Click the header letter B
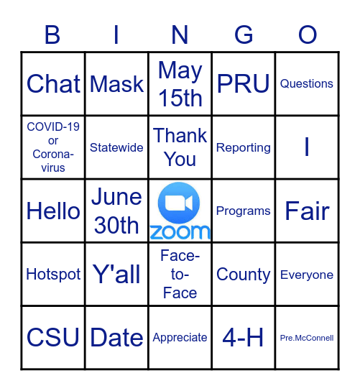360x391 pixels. pos(52,34)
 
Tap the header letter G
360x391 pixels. pos(244,34)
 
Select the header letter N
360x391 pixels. pos(180,34)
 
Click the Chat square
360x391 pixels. pos(53,84)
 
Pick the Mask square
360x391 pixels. pos(117,84)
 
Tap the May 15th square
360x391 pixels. pos(180,84)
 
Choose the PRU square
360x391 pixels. pos(244,84)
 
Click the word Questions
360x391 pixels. pos(307,84)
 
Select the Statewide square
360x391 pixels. pos(116,147)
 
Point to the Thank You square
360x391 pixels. pos(180,147)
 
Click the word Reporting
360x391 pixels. pos(244,147)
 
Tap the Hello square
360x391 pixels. pos(53,211)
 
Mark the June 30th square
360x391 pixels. pos(116,211)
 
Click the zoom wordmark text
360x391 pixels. pos(180,231)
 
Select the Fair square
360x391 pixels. pos(307,211)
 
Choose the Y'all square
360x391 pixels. pos(116,275)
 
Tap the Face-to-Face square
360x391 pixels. pos(180,275)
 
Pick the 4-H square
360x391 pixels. pos(244,338)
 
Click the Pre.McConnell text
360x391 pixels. pos(307,338)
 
